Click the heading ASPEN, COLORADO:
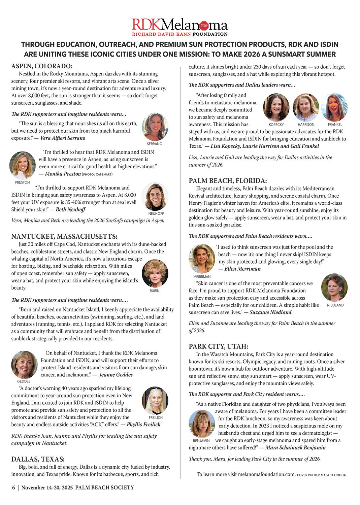click(x=42, y=66)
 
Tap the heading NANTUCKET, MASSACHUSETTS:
click(x=64, y=236)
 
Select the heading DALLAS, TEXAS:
click(x=38, y=459)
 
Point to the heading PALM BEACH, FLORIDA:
click(x=228, y=181)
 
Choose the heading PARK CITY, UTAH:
click(x=218, y=346)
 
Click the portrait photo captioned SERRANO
click(x=155, y=127)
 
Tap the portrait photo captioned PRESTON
click(x=23, y=165)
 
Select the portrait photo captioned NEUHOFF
click(x=155, y=197)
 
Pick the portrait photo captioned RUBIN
click(x=155, y=273)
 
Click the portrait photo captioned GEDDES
click(x=24, y=365)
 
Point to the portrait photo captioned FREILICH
click(x=155, y=401)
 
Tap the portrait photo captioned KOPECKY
click(x=276, y=107)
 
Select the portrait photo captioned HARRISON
click(x=306, y=107)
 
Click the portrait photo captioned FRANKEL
click(x=334, y=107)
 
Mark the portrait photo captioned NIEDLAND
click(x=334, y=288)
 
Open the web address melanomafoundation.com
click(x=266, y=474)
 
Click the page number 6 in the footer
click(x=13, y=487)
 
